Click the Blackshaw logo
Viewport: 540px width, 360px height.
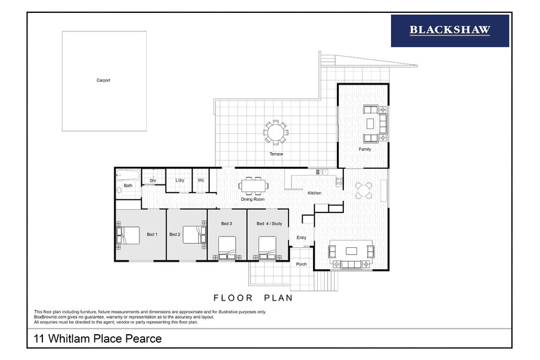click(449, 30)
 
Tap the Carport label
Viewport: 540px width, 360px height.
click(103, 80)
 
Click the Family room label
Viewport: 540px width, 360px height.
click(365, 148)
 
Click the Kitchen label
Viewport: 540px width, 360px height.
click(314, 193)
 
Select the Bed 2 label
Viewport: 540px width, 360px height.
click(174, 234)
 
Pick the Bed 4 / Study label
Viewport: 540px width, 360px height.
click(269, 223)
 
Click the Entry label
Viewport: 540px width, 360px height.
click(301, 238)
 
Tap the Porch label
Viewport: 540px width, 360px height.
click(301, 264)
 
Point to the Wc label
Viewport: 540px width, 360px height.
click(201, 180)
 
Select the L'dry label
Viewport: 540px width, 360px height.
click(180, 180)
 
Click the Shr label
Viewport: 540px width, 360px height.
click(153, 180)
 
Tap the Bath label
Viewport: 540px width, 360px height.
click(128, 186)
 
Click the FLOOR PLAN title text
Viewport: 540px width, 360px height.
click(253, 298)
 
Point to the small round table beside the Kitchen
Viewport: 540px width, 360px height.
click(364, 190)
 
